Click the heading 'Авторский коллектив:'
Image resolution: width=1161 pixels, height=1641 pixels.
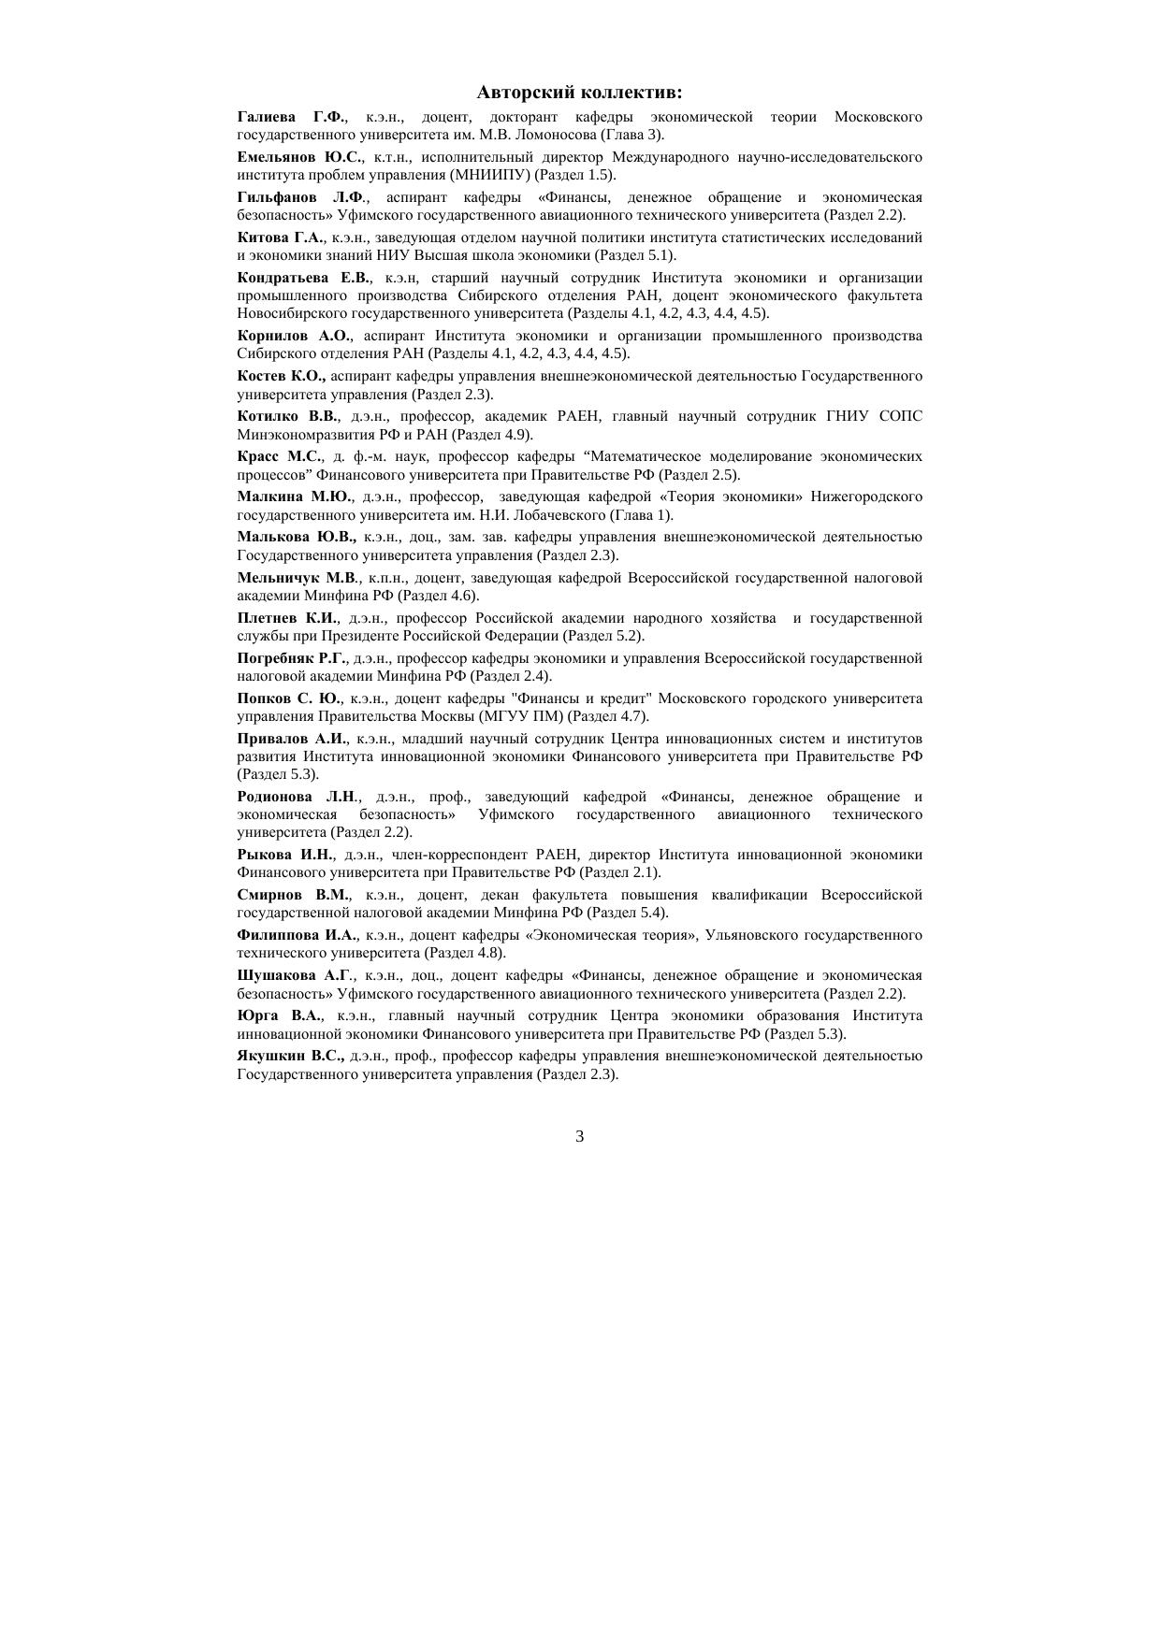pyautogui.click(x=579, y=93)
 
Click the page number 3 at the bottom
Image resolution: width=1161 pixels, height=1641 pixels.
pyautogui.click(x=580, y=1136)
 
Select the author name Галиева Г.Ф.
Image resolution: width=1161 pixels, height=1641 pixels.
pyautogui.click(x=291, y=117)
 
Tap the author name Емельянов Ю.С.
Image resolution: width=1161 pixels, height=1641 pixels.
pyautogui.click(x=299, y=157)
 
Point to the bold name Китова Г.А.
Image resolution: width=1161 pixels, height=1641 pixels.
pyautogui.click(x=281, y=238)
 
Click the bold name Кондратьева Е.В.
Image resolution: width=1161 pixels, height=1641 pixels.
pyautogui.click(x=304, y=278)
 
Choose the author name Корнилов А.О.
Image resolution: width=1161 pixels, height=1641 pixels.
pyautogui.click(x=294, y=336)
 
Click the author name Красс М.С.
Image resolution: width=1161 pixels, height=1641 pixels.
pyautogui.click(x=280, y=456)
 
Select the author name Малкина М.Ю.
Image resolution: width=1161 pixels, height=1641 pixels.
pyautogui.click(x=294, y=497)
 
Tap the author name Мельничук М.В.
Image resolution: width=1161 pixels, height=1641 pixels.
pyautogui.click(x=298, y=578)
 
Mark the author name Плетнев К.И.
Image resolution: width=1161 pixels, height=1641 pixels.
pyautogui.click(x=287, y=618)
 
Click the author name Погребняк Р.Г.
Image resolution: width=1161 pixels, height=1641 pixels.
pyautogui.click(x=292, y=658)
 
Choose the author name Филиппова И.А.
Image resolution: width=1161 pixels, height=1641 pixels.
pyautogui.click(x=297, y=935)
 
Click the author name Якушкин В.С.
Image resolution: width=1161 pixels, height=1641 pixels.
pyautogui.click(x=290, y=1056)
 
